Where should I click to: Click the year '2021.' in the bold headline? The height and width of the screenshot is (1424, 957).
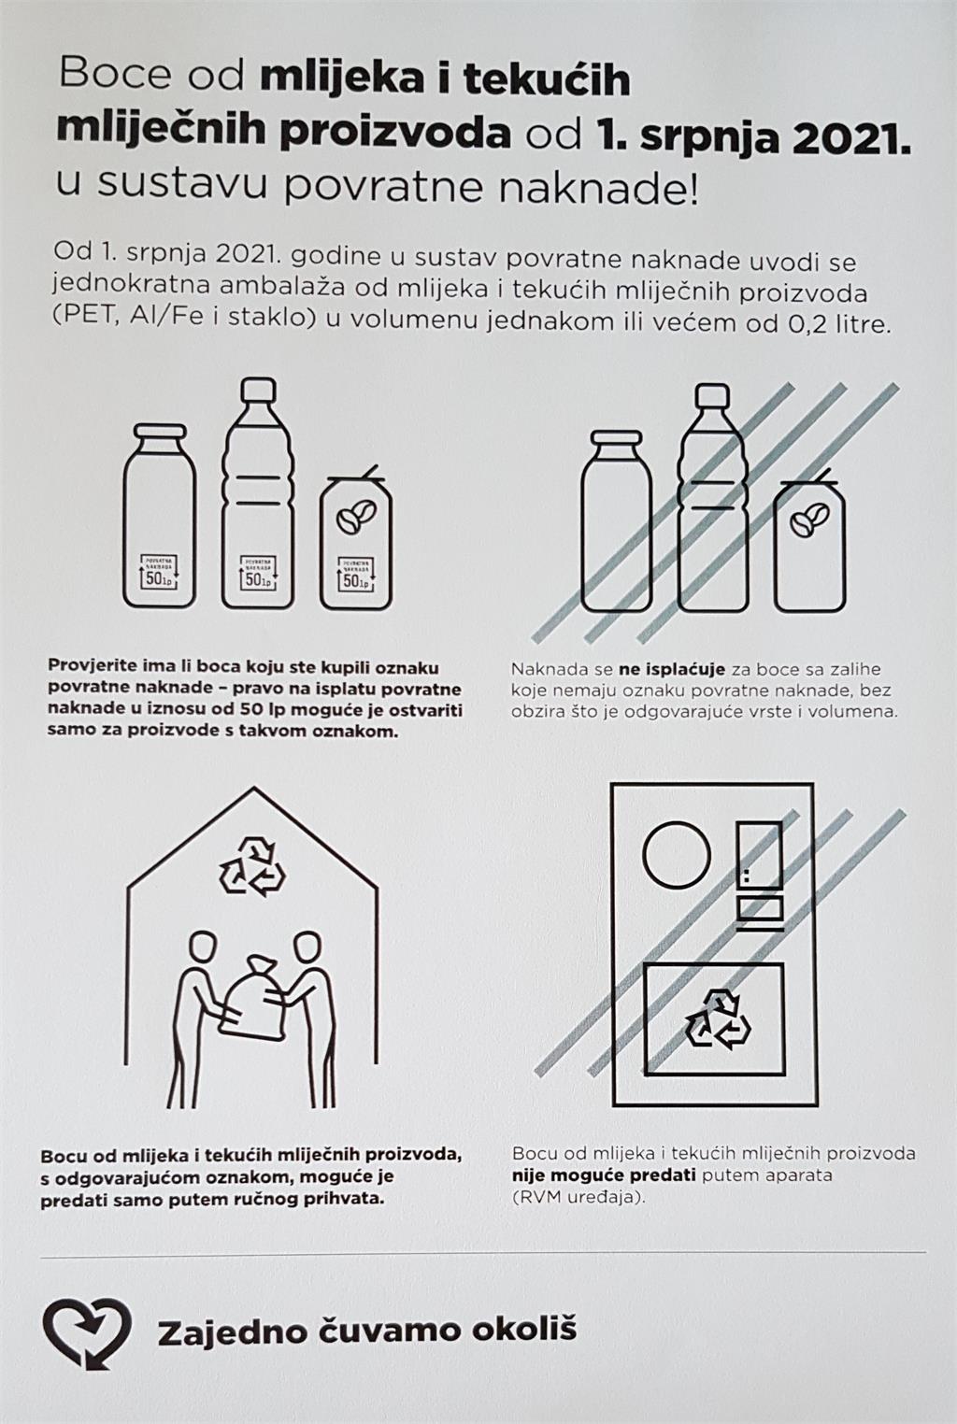(x=850, y=135)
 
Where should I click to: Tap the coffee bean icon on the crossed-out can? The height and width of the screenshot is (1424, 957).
(x=808, y=520)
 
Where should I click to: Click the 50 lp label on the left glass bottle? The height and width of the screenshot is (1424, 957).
(x=158, y=572)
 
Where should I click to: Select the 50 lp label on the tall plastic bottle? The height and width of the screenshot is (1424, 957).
(x=258, y=573)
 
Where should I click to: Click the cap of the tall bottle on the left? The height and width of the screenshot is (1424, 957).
(x=259, y=389)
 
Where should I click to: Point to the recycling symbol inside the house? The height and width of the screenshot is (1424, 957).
(x=252, y=865)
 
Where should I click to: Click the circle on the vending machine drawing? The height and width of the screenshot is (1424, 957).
(x=677, y=855)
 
